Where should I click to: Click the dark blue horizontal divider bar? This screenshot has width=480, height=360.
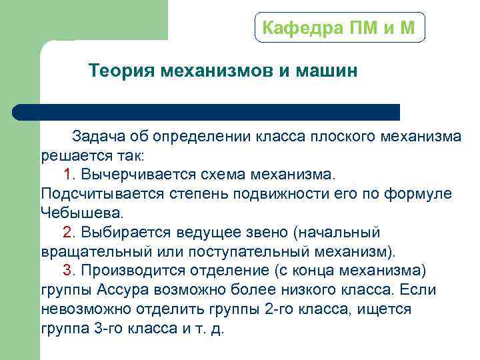[207, 112]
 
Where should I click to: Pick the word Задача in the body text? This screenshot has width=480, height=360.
[99, 137]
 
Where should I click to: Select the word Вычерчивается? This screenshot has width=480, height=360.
[136, 175]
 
